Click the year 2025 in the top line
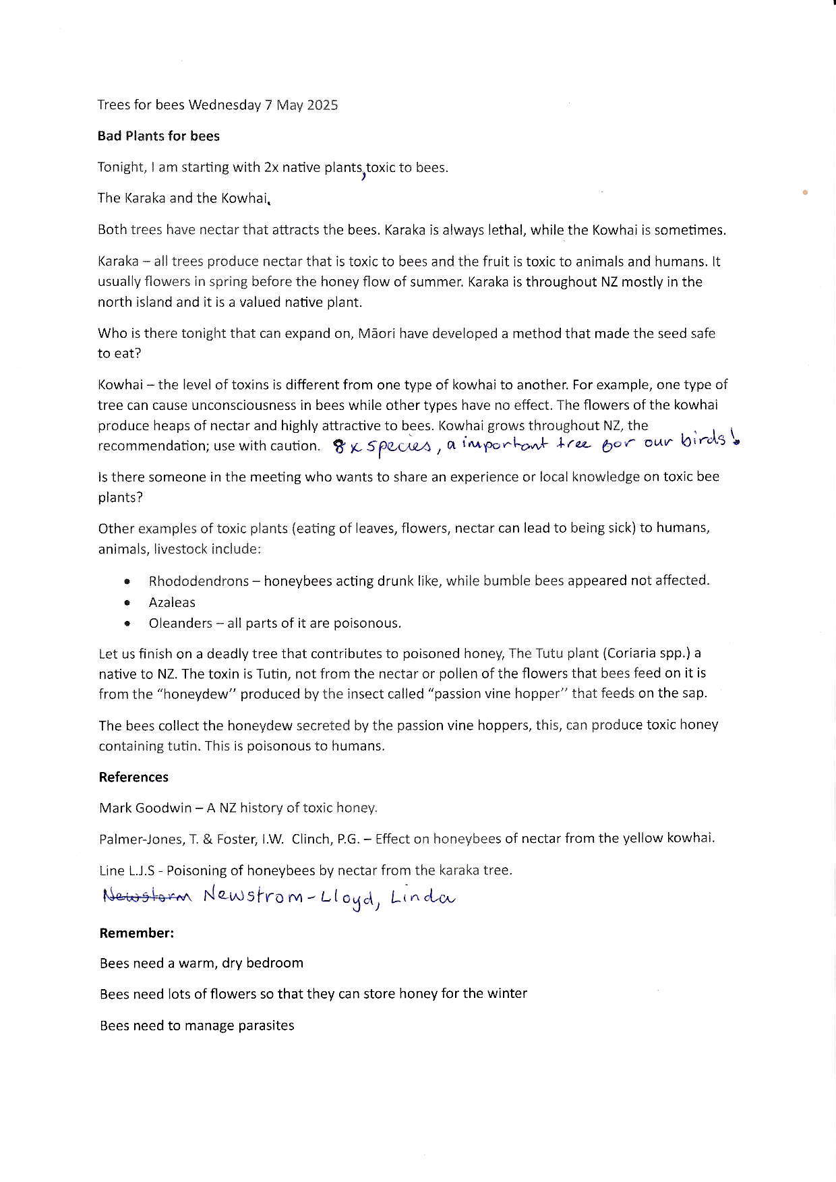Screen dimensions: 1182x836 coord(322,105)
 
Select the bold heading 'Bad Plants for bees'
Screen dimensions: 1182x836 coord(158,136)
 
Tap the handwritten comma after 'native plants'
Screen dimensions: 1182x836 coord(364,177)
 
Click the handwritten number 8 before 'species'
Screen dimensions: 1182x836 coord(339,446)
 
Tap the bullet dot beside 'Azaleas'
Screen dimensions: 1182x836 coord(127,602)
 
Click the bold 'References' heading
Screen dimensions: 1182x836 coord(133,777)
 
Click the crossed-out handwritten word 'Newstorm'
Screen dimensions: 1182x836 coord(148,896)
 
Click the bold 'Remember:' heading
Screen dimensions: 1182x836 coord(137,933)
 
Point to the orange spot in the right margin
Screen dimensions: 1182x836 coord(805,193)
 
